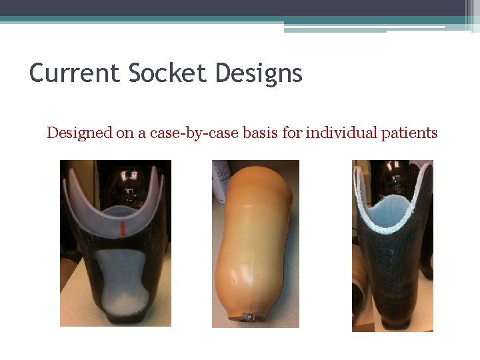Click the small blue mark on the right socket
coord(392,252)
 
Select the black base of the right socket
coord(393,323)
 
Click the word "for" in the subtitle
coord(292,133)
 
